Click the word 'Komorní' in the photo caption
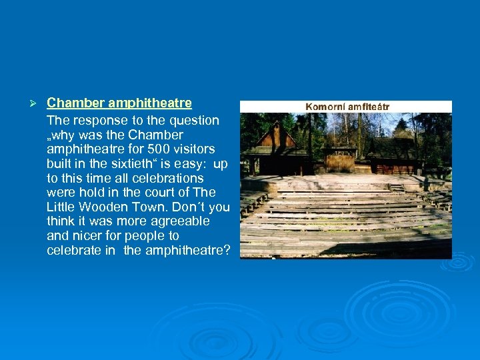pos(326,107)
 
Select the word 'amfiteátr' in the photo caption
pos(368,107)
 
